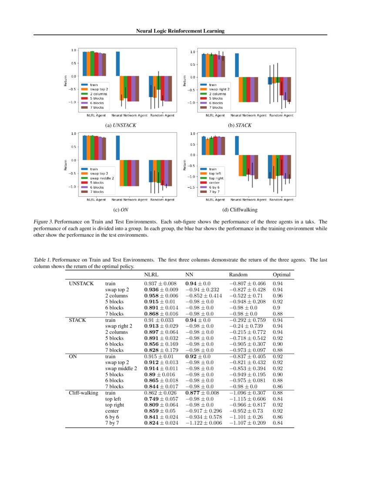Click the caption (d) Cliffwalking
pos(240,209)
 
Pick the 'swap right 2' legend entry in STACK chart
pos(219,89)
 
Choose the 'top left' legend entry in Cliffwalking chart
pos(216,173)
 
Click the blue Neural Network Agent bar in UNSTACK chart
pos(118,64)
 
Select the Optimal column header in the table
pos(281,275)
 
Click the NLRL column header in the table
pos(151,275)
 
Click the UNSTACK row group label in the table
pos(81,283)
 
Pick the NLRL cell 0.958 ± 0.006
pos(160,296)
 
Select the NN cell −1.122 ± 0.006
pos(203,423)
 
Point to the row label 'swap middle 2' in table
pos(121,368)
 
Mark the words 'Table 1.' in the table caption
pos(42,260)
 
